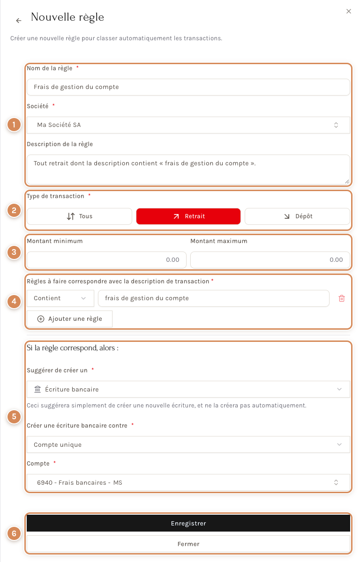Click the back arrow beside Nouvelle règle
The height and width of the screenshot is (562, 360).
tap(19, 21)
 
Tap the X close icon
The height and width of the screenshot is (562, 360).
tap(348, 11)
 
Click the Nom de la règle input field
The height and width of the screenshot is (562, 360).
tap(188, 87)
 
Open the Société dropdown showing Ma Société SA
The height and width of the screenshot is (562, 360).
tap(188, 125)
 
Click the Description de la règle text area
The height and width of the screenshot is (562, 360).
tap(188, 170)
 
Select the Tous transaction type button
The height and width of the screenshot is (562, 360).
tap(79, 216)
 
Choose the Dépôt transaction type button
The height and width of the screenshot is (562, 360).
tap(297, 216)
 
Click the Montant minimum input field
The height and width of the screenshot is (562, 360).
tap(106, 260)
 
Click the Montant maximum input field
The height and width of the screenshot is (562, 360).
tap(270, 260)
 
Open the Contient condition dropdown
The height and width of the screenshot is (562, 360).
tap(60, 298)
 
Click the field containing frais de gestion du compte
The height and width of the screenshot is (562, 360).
tap(214, 298)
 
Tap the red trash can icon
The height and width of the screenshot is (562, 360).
tap(341, 298)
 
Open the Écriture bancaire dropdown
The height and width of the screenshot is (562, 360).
tap(188, 389)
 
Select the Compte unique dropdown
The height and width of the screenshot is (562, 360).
tap(188, 444)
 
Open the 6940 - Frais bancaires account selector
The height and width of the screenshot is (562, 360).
tap(188, 482)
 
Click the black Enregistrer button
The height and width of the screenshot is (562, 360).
tap(188, 524)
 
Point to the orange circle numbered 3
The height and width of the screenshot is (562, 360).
tap(14, 252)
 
